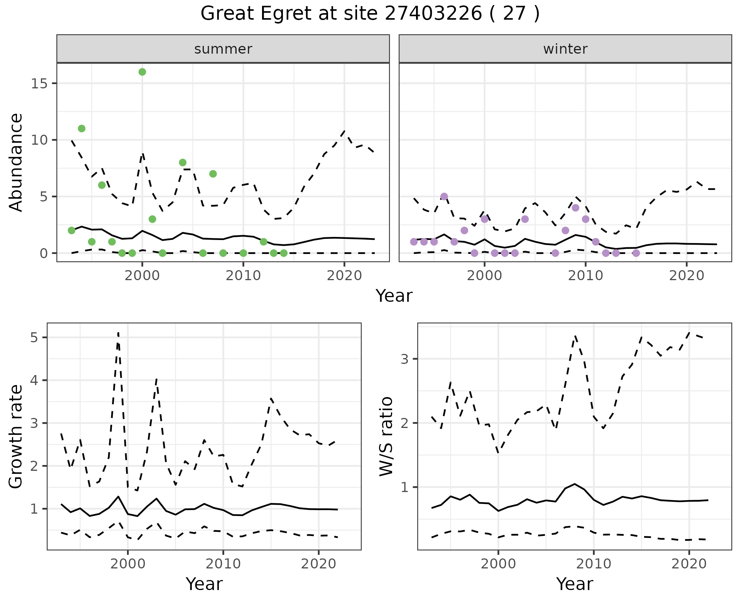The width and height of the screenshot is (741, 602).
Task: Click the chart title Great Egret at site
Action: coord(370,14)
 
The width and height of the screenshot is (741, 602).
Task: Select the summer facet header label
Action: coord(223,49)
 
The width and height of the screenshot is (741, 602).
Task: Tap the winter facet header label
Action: coord(565,49)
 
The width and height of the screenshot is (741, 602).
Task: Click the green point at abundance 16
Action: coord(142,72)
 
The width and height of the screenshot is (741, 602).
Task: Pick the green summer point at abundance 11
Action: coord(81,129)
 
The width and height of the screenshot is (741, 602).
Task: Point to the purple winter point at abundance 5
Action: coord(444,196)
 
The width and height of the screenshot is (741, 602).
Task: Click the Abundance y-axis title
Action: coord(16,162)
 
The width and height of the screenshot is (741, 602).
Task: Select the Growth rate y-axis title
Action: coord(16,436)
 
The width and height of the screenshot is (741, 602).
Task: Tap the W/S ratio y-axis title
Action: coord(386,436)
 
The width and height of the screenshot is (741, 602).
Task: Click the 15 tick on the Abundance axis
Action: coord(39,83)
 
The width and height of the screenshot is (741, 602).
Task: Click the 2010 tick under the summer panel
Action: coord(243,276)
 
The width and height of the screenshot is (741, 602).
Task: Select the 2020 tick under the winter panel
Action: coord(686,276)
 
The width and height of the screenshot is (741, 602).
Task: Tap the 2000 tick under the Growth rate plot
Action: coord(128,564)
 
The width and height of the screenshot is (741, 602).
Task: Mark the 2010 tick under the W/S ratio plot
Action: coord(594,564)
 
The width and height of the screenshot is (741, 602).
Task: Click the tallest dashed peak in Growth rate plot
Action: coord(118,333)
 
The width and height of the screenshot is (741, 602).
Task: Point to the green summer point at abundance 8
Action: coord(183,162)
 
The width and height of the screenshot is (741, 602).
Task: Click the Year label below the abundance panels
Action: coord(394,296)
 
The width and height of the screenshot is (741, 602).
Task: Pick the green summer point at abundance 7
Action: coord(213,174)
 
